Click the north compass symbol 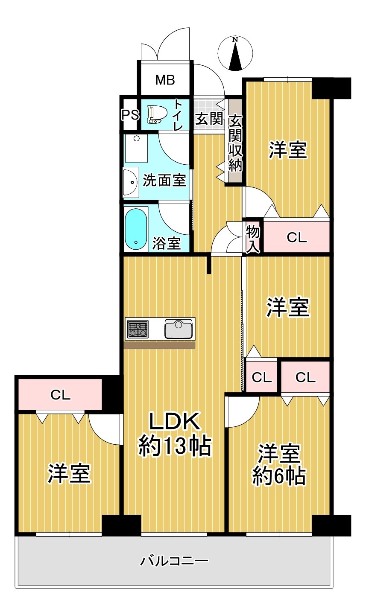point(235,53)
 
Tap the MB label point(165,80)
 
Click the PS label point(130,115)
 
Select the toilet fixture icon point(158,114)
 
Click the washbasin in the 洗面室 point(130,182)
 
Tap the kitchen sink point(179,329)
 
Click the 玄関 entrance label point(209,119)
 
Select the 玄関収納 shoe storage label point(235,143)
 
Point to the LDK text point(175,421)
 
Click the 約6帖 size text point(278,476)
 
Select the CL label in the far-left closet point(61,395)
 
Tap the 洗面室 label point(164,181)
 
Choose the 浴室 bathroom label point(167,243)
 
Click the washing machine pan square point(136,148)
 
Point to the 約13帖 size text point(175,446)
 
